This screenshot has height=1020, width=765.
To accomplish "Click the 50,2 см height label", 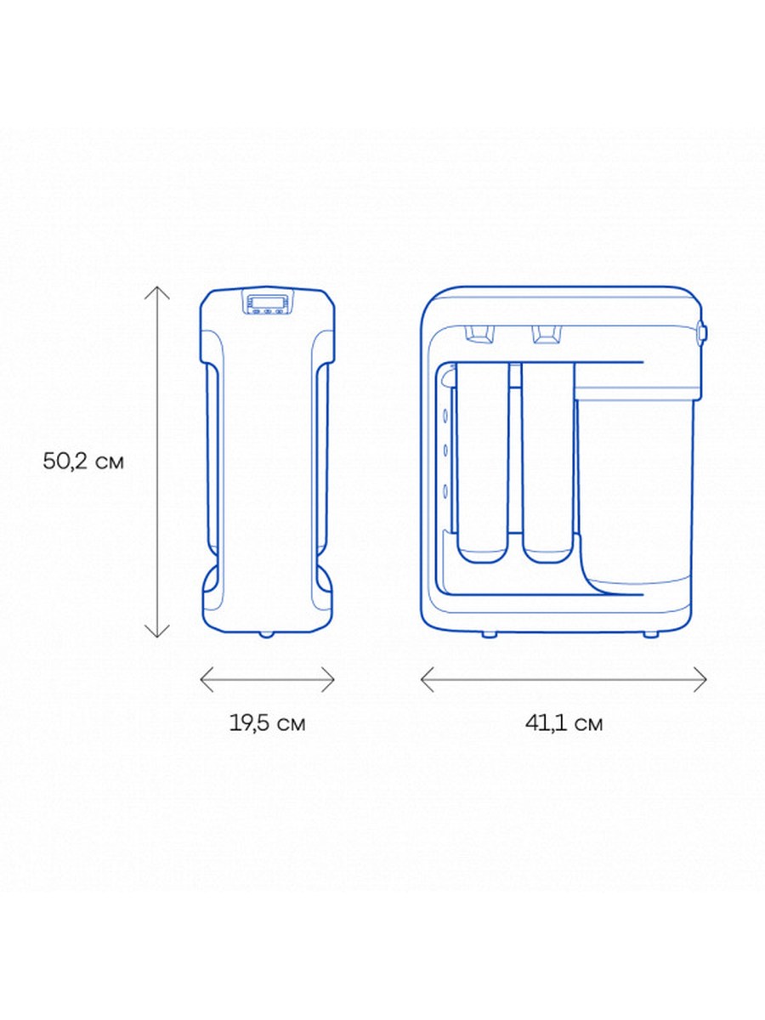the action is tap(83, 462).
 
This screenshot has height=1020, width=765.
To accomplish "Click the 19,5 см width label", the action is tap(268, 723).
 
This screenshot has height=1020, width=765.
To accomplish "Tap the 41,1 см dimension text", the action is tap(564, 723).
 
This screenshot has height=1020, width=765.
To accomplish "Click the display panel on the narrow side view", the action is tap(268, 303).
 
